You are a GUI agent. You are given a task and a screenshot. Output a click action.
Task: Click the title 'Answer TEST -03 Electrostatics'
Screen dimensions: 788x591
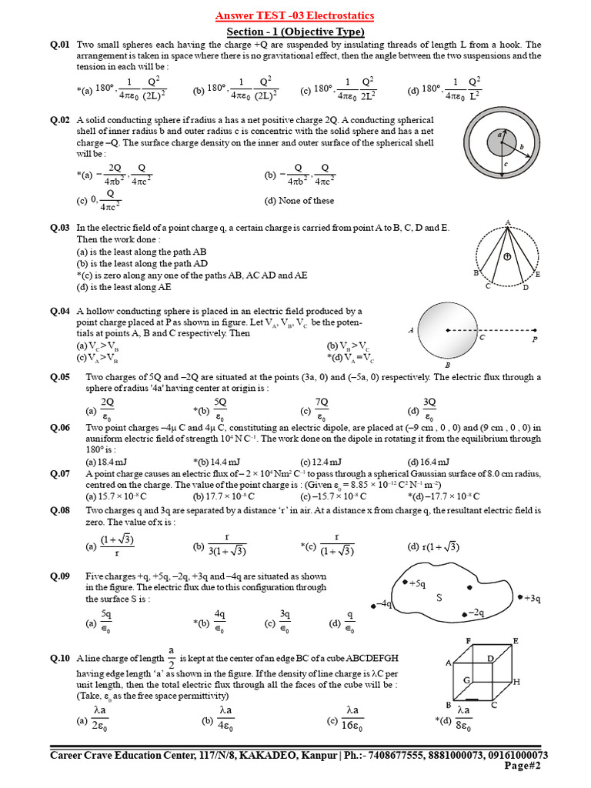295,16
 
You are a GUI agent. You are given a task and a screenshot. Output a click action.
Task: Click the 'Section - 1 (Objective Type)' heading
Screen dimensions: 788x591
295,32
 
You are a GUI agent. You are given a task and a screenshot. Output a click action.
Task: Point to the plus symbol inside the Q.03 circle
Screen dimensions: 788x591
507,256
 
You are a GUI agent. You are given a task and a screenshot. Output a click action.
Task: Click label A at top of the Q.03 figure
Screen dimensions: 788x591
508,222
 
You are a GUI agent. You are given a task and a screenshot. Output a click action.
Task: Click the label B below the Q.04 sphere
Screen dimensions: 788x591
447,365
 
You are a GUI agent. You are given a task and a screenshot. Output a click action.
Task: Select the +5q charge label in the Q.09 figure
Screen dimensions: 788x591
418,584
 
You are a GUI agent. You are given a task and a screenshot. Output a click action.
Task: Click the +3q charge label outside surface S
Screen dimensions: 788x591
533,598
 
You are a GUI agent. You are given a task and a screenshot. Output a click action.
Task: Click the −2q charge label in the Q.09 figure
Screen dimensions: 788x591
475,613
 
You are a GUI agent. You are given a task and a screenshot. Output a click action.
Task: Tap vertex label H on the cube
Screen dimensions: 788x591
516,682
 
